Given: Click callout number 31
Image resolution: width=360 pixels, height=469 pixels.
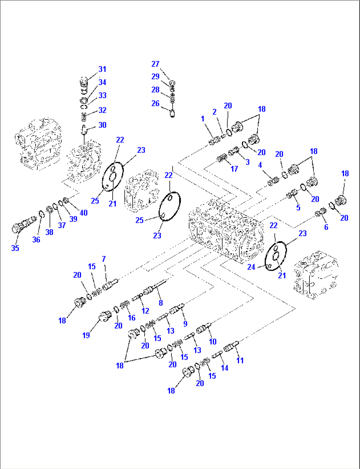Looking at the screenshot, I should click(102, 69).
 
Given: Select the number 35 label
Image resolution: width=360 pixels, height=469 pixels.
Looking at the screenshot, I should click(15, 248).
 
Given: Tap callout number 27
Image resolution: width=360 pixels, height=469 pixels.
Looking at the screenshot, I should click(155, 64).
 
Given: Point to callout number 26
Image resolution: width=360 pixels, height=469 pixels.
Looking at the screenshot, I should click(155, 103).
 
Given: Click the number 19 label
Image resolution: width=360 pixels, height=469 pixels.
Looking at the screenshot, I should click(86, 335).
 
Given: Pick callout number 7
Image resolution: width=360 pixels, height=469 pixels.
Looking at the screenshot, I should click(104, 259).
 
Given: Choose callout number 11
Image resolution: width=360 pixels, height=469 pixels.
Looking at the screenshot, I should click(240, 360).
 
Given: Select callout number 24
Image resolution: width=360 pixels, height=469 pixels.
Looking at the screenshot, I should click(251, 267).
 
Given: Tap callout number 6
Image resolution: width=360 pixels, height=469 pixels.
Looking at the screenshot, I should click(326, 227).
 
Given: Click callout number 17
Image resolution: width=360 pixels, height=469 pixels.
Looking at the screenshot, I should click(234, 169).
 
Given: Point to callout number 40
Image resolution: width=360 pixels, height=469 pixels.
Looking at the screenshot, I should click(84, 213).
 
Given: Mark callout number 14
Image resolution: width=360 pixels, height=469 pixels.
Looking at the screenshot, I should click(225, 368).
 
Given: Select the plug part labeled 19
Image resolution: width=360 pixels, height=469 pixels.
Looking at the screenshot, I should click(105, 317).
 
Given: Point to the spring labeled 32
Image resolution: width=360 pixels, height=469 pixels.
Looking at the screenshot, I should click(84, 116).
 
